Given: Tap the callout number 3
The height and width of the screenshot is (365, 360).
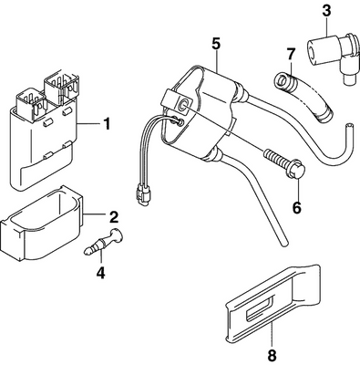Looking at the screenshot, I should tap(325, 13).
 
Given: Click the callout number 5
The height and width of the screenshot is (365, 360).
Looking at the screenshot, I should tap(216, 42).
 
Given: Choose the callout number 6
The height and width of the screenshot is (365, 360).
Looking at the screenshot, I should tap(295, 208).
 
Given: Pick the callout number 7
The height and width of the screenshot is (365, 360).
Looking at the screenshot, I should tap(292, 56).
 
